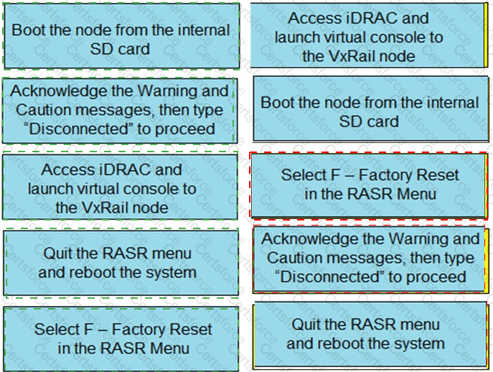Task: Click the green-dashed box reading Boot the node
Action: coord(121,39)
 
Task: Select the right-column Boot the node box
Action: coord(369,111)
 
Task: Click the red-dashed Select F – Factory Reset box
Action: coord(369,184)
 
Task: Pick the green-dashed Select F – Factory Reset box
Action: coord(123,338)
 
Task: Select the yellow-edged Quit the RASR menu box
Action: coord(369,334)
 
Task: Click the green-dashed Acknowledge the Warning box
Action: coord(119,110)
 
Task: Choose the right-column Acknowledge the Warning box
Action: coord(370,257)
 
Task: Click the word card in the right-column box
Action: coord(384,121)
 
